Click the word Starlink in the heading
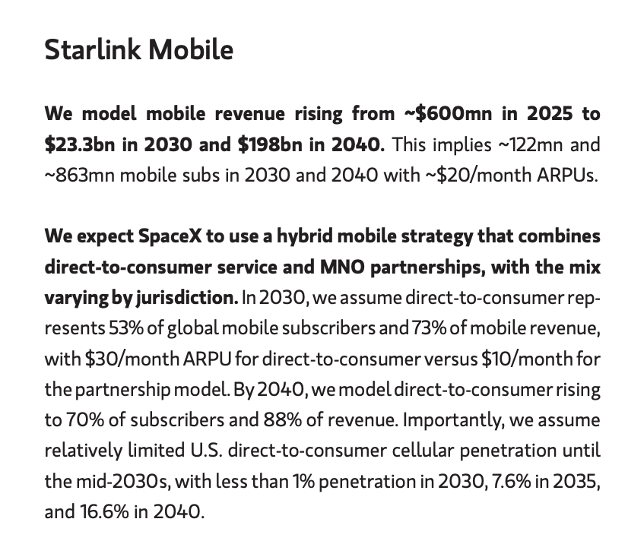pyautogui.click(x=93, y=50)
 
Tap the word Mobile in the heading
pyautogui.click(x=191, y=50)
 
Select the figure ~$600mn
pyautogui.click(x=448, y=114)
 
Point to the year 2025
pyautogui.click(x=550, y=114)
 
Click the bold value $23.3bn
pyautogui.click(x=80, y=144)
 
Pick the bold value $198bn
pyautogui.click(x=270, y=144)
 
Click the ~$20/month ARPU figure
pyautogui.click(x=477, y=176)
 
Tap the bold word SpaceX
pyautogui.click(x=170, y=236)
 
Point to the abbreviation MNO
pyautogui.click(x=342, y=267)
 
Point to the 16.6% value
pyautogui.click(x=104, y=511)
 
